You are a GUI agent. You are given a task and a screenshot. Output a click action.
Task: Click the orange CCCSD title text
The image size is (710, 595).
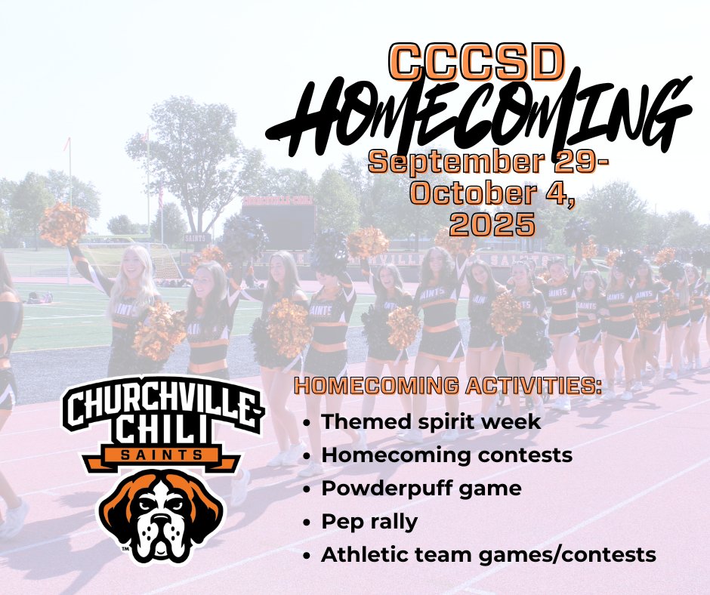pyautogui.click(x=477, y=63)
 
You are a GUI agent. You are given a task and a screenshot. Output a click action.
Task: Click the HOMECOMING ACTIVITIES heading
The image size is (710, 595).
pyautogui.click(x=448, y=387)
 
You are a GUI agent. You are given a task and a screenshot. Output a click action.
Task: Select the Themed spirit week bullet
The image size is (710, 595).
pyautogui.click(x=431, y=421)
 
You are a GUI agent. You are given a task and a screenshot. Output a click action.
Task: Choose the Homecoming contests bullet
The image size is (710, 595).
pyautogui.click(x=446, y=455)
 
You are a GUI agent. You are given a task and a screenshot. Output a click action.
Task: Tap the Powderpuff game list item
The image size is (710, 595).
pyautogui.click(x=421, y=489)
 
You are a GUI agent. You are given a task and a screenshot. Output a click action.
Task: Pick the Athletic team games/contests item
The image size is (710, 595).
pyautogui.click(x=488, y=555)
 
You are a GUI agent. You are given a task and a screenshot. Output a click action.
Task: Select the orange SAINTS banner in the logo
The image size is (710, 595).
pyautogui.click(x=162, y=455)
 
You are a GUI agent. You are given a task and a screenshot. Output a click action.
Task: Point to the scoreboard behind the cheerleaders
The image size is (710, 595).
pyautogui.click(x=277, y=219)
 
